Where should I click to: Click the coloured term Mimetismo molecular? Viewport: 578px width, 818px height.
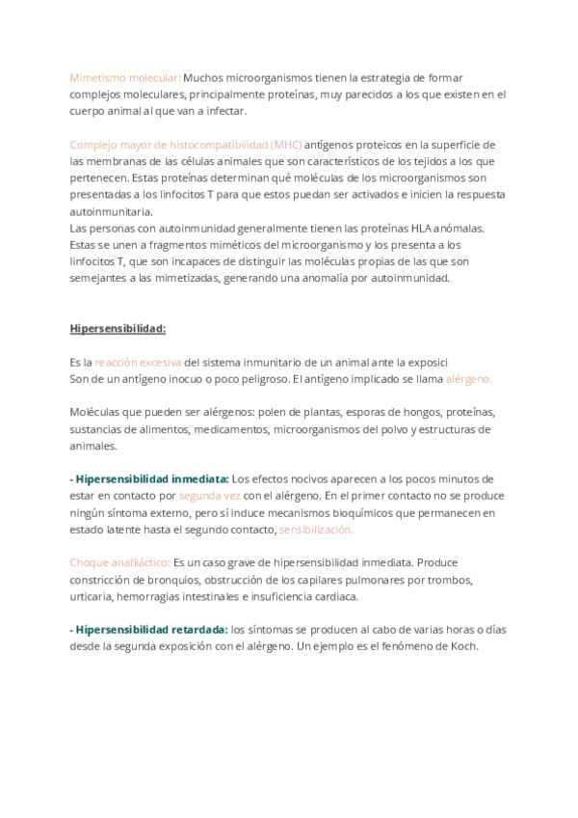click(125, 77)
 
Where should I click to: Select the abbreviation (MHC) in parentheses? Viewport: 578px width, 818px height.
click(286, 144)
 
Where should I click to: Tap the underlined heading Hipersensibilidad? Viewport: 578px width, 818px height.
click(118, 328)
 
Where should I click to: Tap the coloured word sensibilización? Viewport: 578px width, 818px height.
click(316, 530)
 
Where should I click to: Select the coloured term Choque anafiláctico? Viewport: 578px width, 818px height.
click(119, 562)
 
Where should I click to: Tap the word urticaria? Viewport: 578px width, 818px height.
click(92, 596)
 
